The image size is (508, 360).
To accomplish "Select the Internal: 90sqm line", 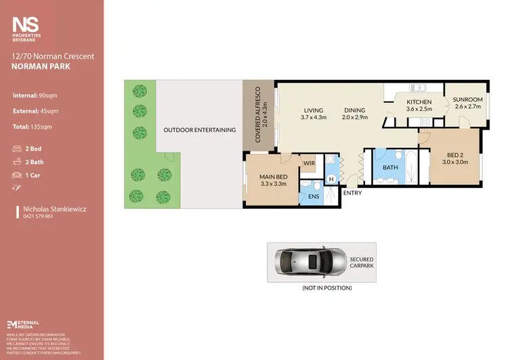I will tap(35, 95).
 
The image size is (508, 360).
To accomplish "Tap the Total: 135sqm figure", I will tap(33, 126).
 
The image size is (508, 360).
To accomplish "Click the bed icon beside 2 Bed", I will tap(17, 148).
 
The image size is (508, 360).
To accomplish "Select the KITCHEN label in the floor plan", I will tap(419, 102).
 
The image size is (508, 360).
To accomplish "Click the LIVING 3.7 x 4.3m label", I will tap(313, 114).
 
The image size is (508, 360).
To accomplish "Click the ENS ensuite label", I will tap(313, 197).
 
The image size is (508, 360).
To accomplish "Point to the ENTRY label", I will tap(352, 193).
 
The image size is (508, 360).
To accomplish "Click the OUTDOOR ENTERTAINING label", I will tap(199, 129).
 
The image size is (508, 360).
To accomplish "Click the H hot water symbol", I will tap(331, 179).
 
